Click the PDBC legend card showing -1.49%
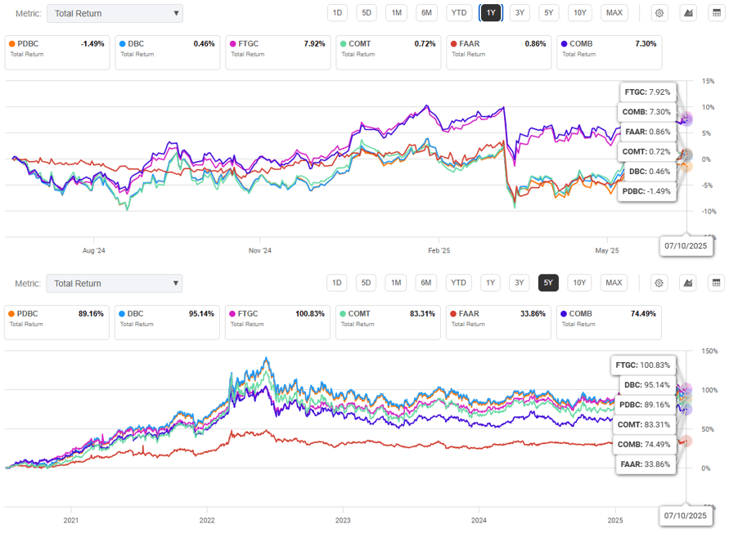(x=56, y=49)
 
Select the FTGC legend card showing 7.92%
(x=277, y=49)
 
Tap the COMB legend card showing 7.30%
(x=608, y=49)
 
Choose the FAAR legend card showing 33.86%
(x=497, y=318)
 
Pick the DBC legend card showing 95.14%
(x=165, y=318)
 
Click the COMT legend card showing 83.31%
(x=386, y=318)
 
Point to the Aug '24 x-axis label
(x=95, y=250)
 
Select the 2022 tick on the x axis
(x=207, y=519)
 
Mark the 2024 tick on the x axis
(x=479, y=519)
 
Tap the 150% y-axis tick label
(x=709, y=351)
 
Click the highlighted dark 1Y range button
(x=490, y=12)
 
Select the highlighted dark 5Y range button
(x=548, y=283)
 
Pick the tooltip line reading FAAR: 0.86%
(x=647, y=132)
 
